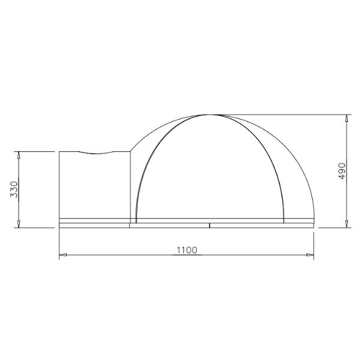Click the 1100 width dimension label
click(187, 250)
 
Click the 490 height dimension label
click(342, 171)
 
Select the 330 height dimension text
click(14, 190)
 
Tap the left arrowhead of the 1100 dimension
click(63, 255)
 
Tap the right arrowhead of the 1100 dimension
click(310, 255)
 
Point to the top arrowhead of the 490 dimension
click(347, 118)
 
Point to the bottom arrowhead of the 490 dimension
click(347, 224)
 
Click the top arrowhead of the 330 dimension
click(19, 155)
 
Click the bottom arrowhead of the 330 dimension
click(19, 224)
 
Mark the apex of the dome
click(209, 115)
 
